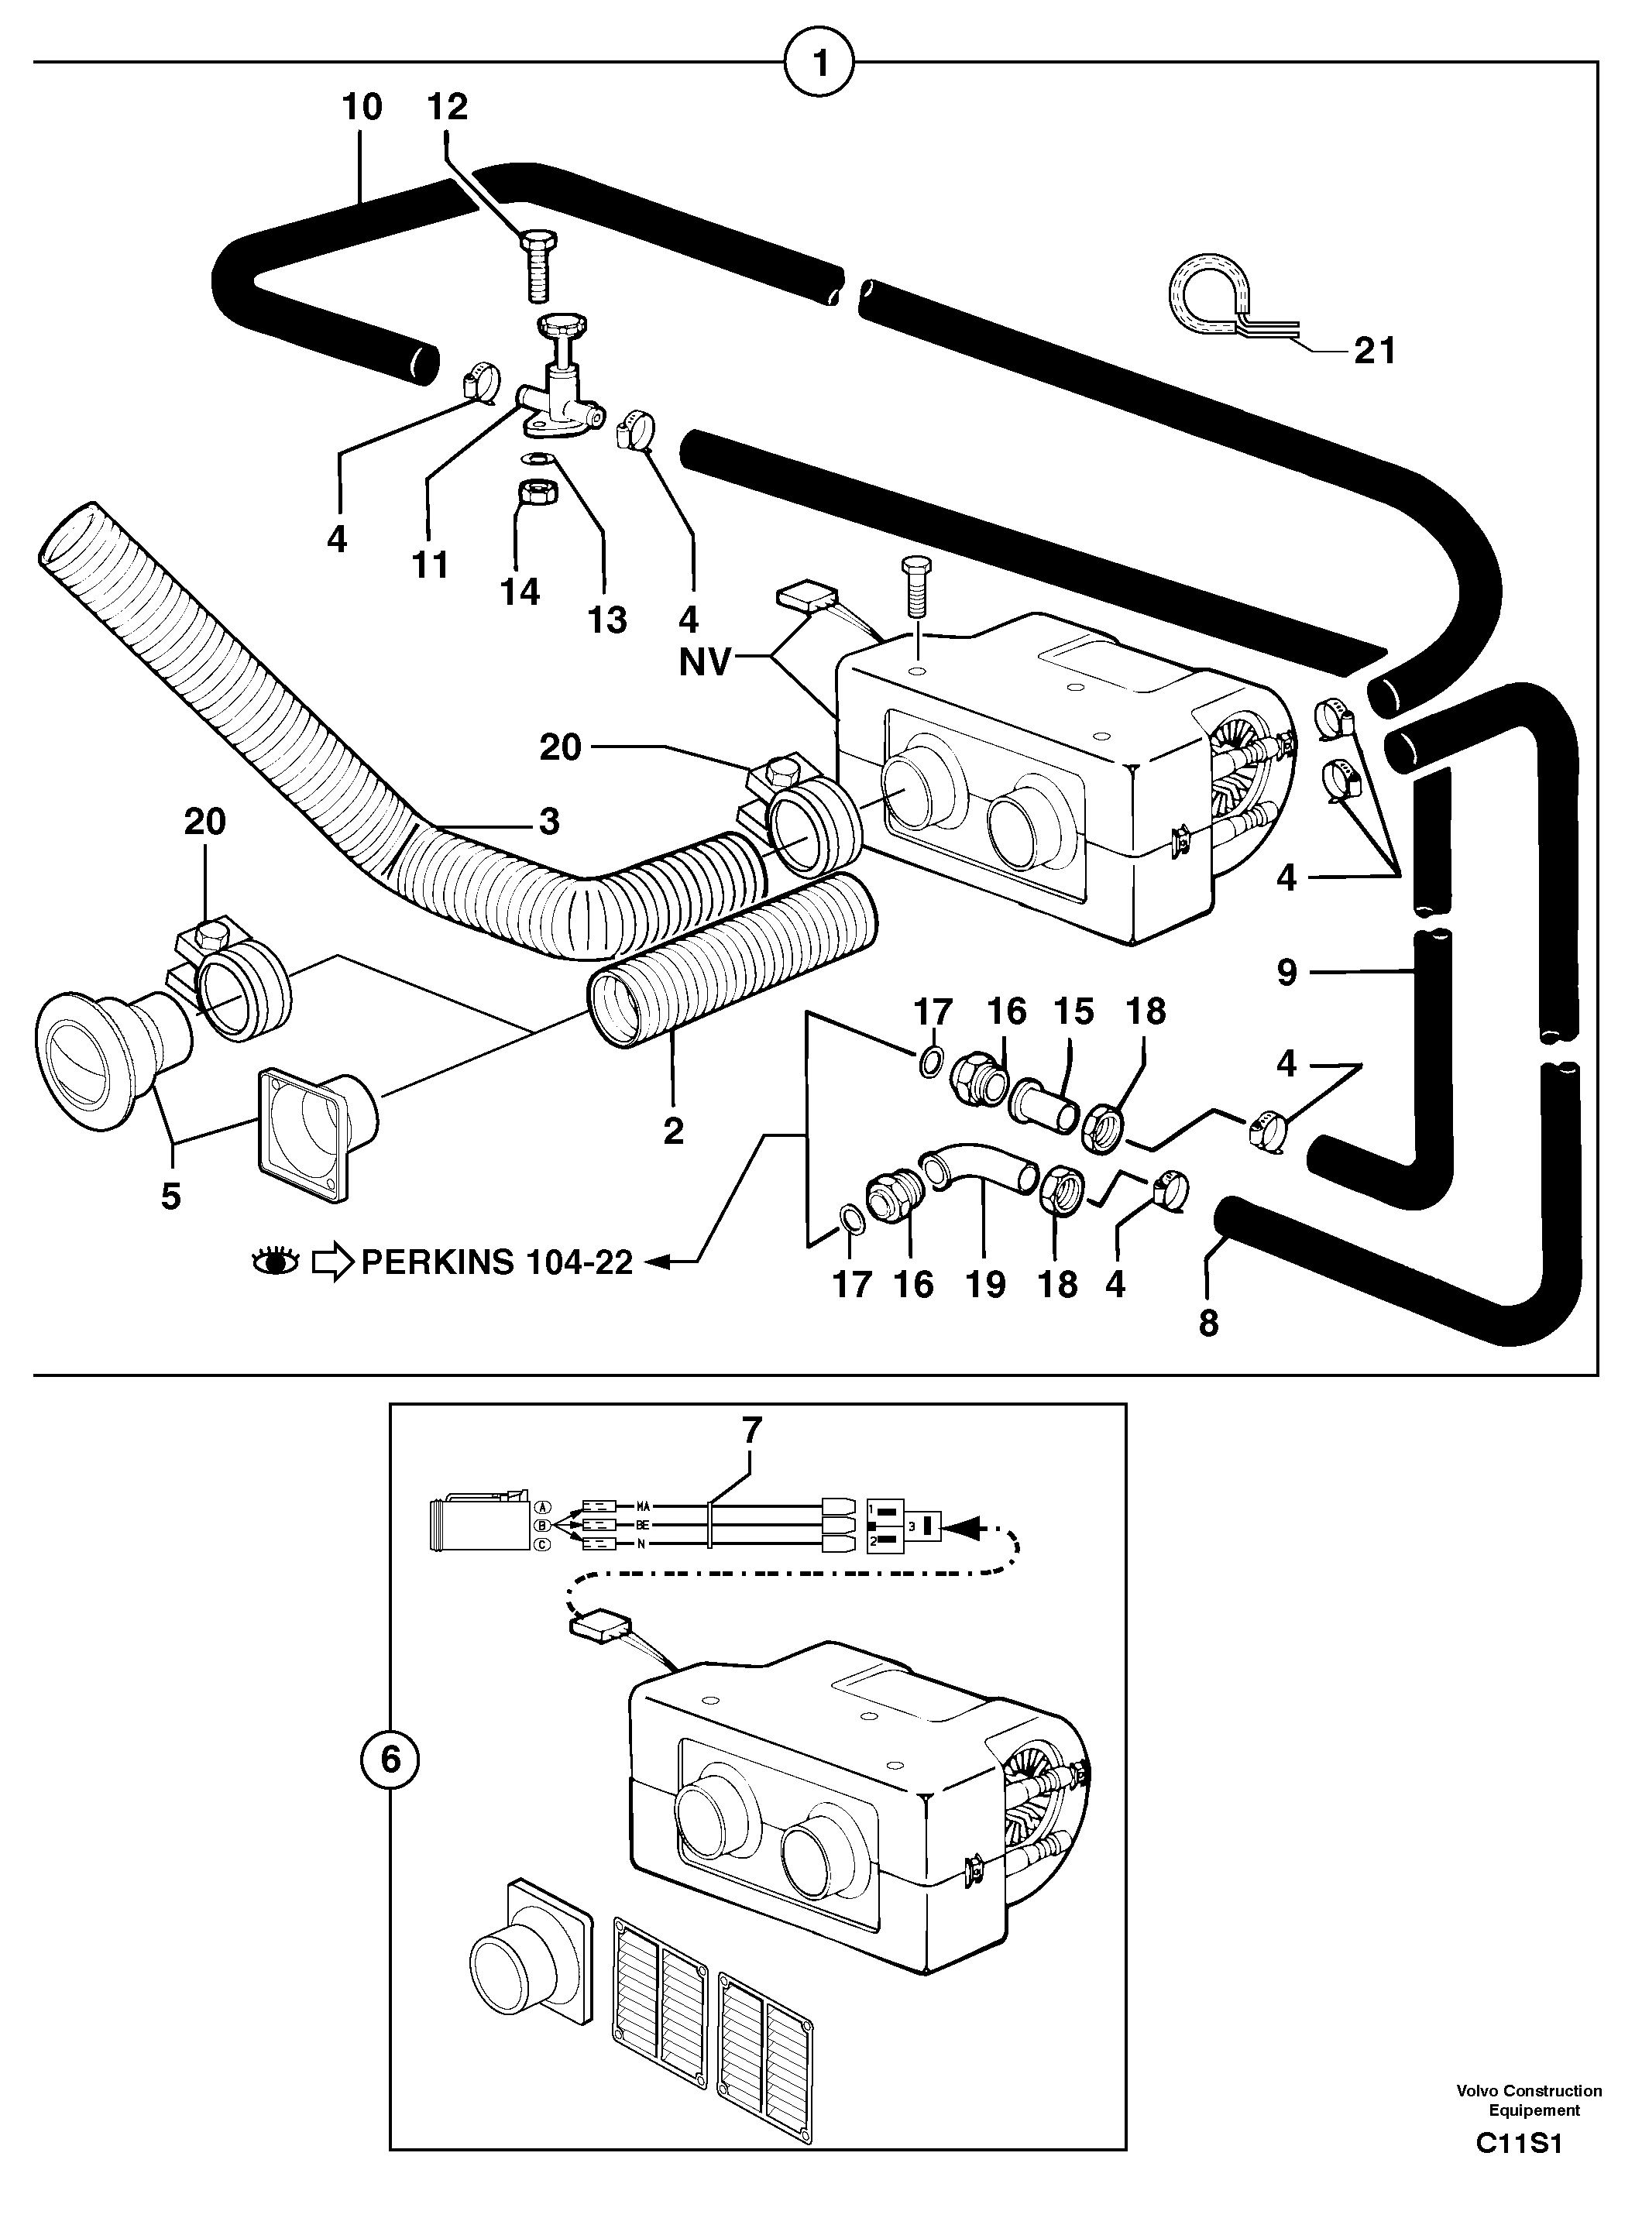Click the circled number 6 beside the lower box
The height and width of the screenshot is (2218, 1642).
tap(390, 1760)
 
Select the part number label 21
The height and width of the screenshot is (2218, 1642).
tap(1375, 351)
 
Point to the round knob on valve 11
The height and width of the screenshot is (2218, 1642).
tap(562, 325)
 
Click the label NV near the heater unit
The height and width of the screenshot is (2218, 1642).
tap(705, 662)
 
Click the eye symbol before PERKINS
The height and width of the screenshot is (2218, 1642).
tap(274, 1263)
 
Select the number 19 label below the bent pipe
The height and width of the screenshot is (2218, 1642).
tap(986, 1284)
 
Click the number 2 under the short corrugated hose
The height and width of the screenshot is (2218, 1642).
tap(673, 1131)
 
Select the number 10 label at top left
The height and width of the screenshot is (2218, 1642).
tap(361, 106)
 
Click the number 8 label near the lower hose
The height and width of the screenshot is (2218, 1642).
tap(1207, 1323)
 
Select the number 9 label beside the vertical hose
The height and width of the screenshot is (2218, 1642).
tap(1286, 972)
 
